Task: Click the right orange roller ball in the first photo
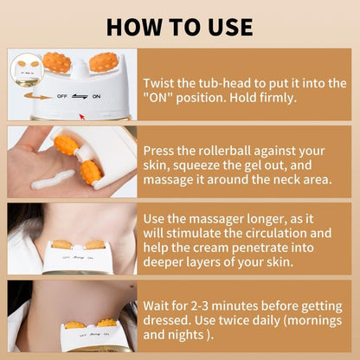103,63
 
